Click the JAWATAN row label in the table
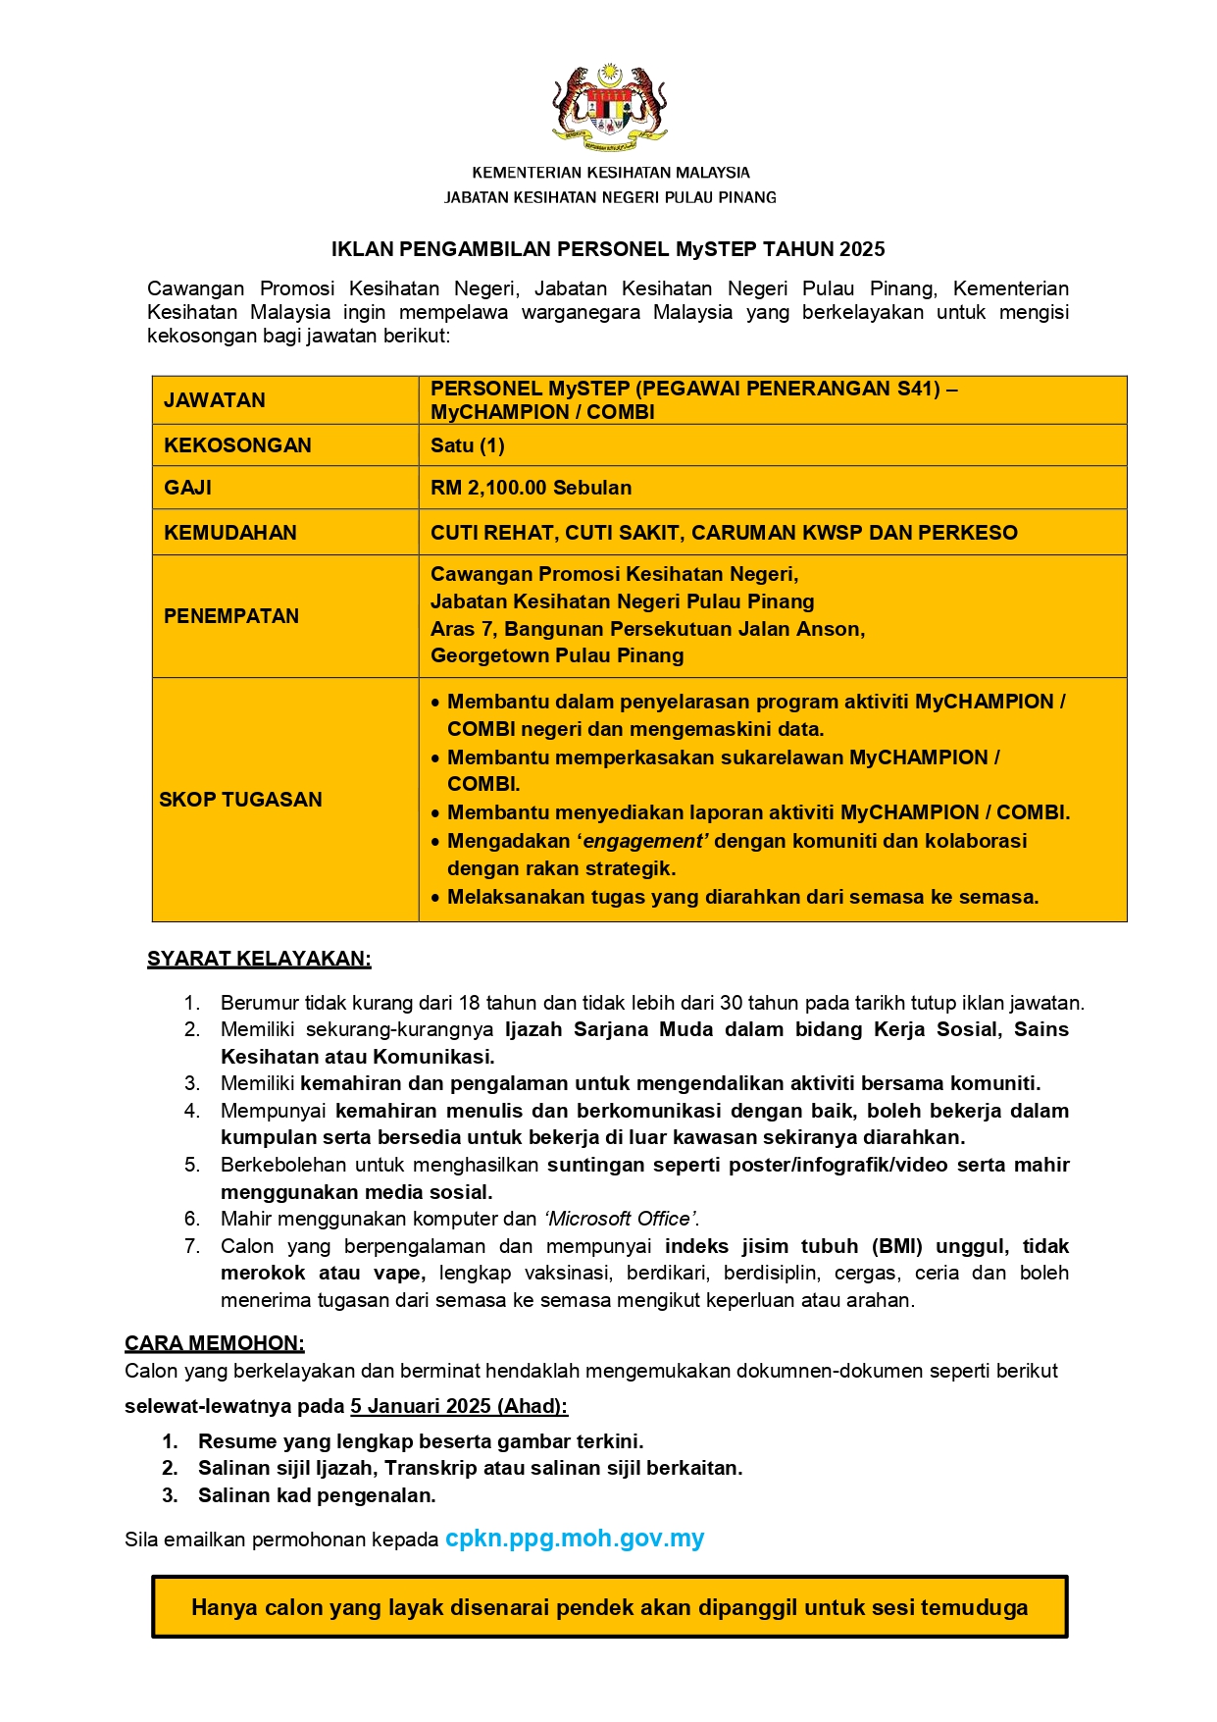click(214, 400)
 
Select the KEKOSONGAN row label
click(237, 445)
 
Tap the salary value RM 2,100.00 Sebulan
click(531, 488)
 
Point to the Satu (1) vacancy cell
click(467, 445)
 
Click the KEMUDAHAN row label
click(229, 533)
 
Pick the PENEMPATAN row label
click(230, 616)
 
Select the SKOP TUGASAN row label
click(240, 800)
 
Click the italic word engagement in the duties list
click(643, 841)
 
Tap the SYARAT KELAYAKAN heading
click(259, 959)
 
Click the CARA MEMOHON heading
click(214, 1342)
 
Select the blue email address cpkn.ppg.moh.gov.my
click(575, 1539)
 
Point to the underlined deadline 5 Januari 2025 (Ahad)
click(459, 1406)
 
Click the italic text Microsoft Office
click(620, 1219)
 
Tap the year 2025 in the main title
click(862, 249)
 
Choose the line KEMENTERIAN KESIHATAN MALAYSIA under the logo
click(610, 173)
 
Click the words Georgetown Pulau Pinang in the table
click(557, 655)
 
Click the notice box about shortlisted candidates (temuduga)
click(609, 1607)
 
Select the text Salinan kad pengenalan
click(317, 1495)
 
